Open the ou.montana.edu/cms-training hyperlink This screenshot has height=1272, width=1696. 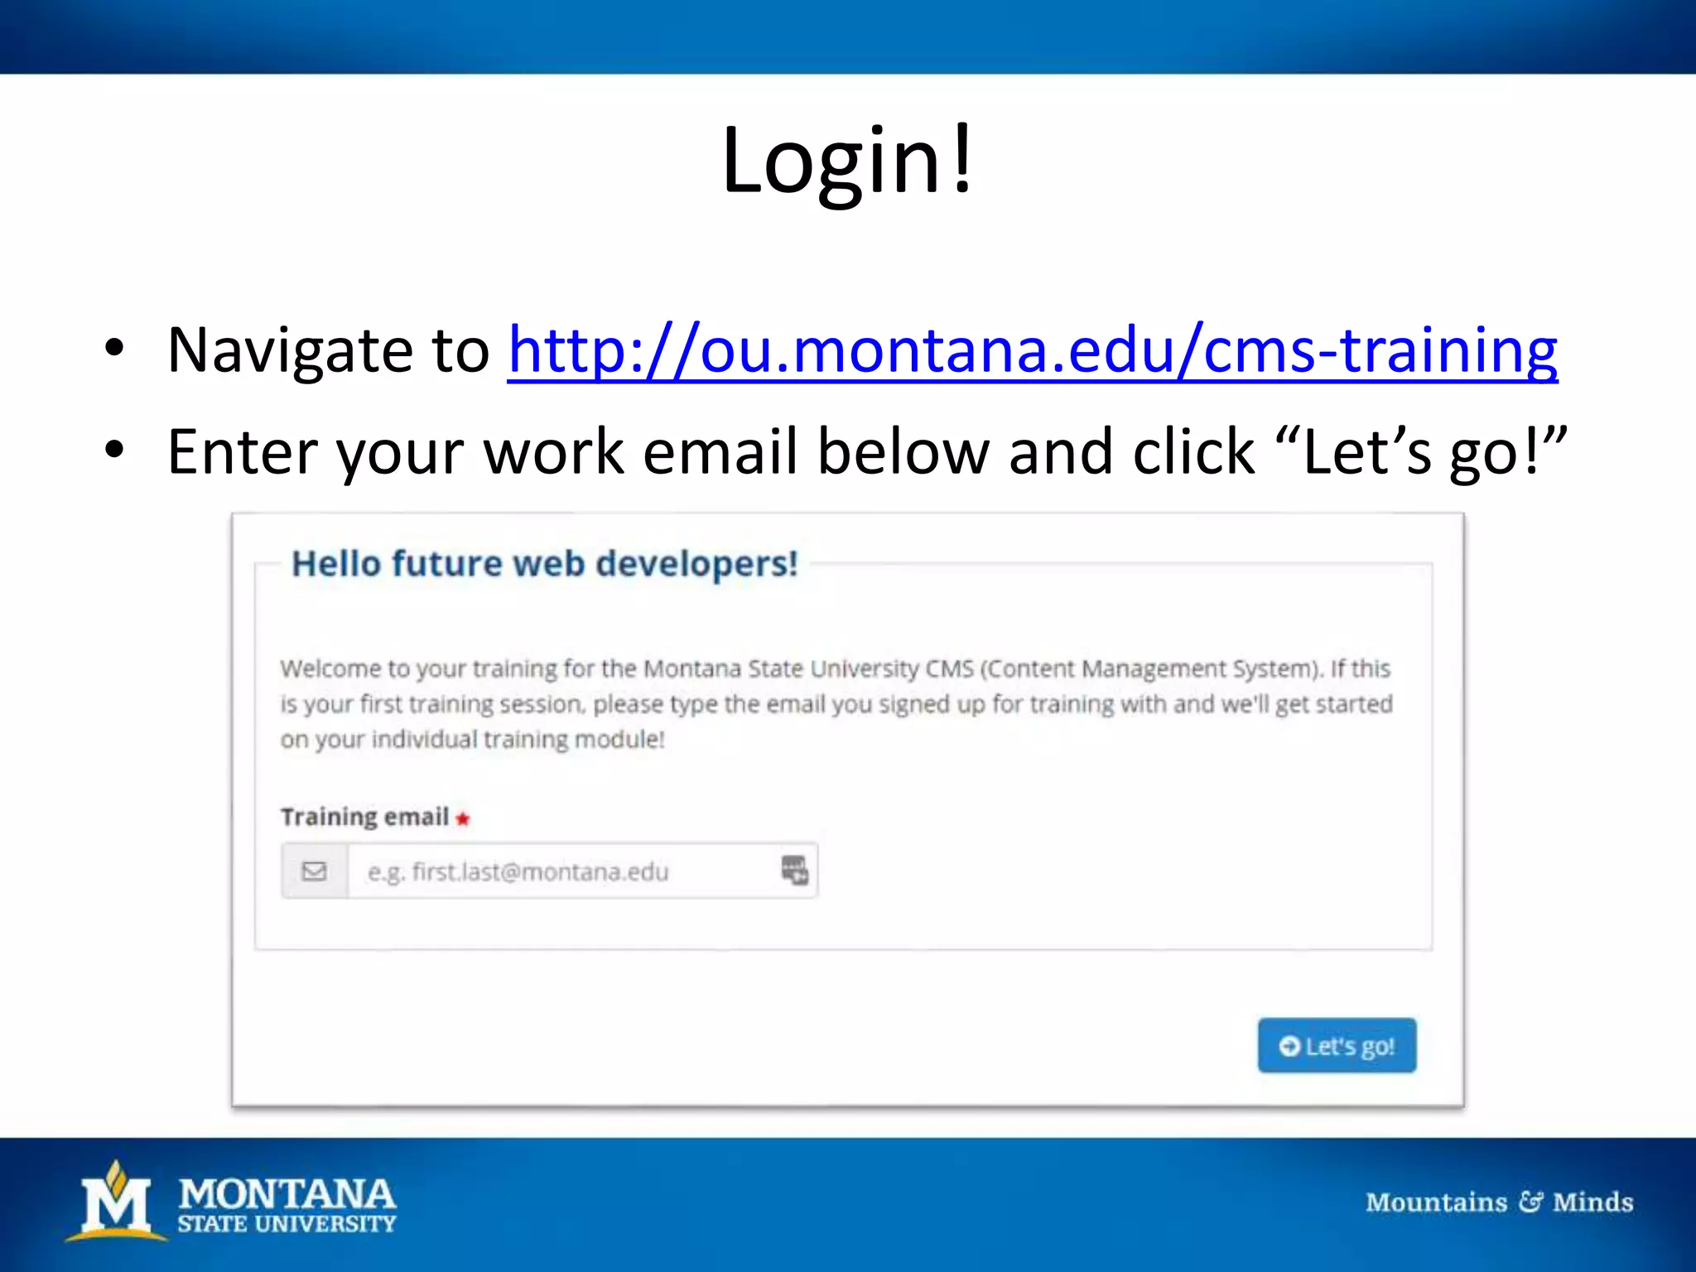(x=1032, y=351)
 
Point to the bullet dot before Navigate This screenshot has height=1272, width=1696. (x=114, y=348)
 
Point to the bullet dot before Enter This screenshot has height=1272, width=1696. (x=114, y=450)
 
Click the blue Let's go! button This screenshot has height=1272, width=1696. (x=1336, y=1045)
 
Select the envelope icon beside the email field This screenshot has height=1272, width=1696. (x=314, y=871)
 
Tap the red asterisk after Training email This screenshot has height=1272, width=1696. (x=463, y=819)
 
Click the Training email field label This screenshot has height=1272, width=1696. (x=364, y=817)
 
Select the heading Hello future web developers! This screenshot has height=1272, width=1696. (x=544, y=564)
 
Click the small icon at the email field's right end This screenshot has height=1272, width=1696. (x=794, y=870)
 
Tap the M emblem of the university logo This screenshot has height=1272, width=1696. (x=116, y=1201)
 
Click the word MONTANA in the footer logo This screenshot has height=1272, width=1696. (x=287, y=1193)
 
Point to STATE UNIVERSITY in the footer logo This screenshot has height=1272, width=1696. (x=287, y=1224)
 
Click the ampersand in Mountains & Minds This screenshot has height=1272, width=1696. (x=1530, y=1202)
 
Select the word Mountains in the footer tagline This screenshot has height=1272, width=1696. (x=1436, y=1202)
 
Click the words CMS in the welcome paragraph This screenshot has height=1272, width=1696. (x=949, y=668)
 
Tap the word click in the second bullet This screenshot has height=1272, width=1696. (x=1193, y=452)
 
